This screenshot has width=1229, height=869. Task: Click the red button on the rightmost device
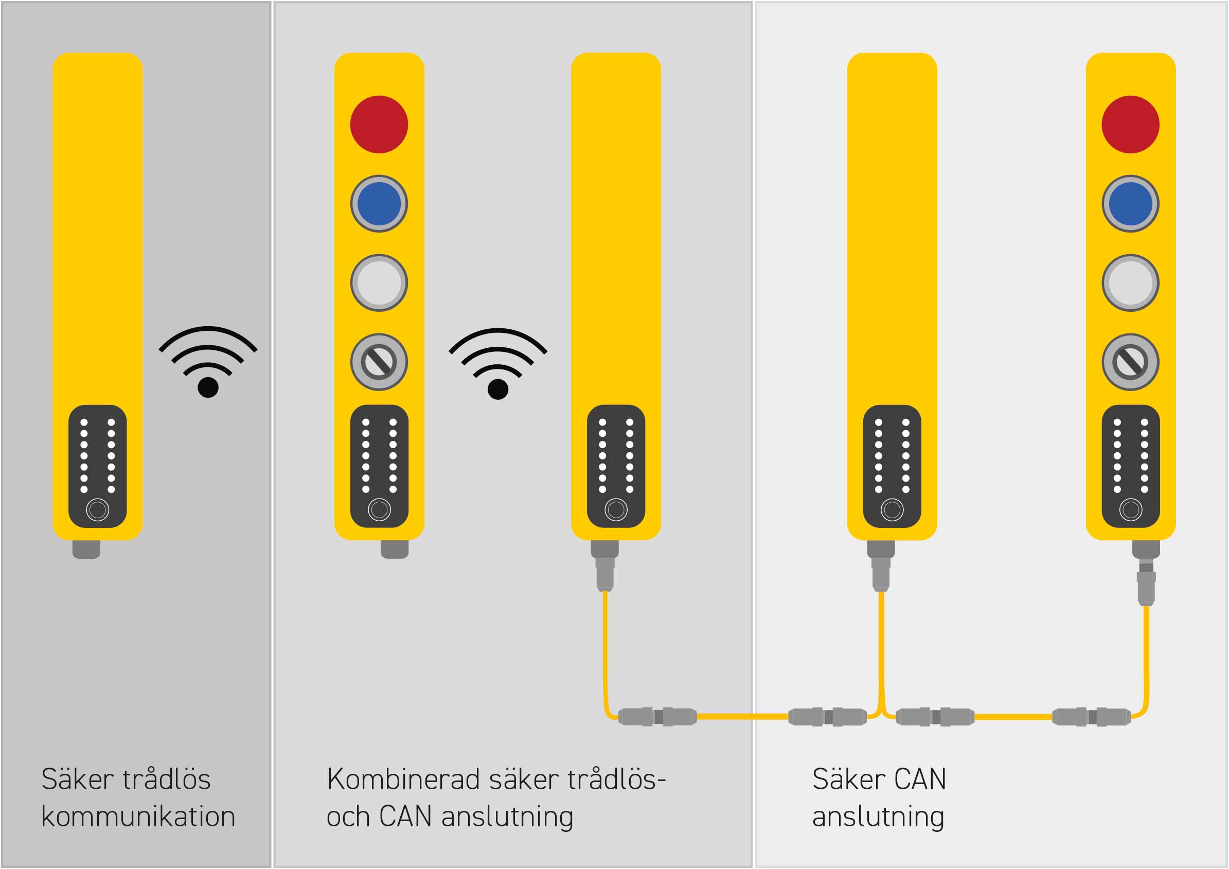click(x=1131, y=124)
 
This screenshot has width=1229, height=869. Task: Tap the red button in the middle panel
click(x=379, y=124)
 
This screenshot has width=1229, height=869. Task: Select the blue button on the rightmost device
click(x=1131, y=203)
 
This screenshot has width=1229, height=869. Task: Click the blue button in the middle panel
click(x=379, y=203)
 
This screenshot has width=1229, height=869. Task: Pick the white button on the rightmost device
click(x=1131, y=282)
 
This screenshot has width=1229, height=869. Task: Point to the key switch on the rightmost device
click(x=1131, y=362)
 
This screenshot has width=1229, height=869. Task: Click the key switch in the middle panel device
click(x=379, y=362)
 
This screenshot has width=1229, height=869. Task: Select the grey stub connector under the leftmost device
click(x=86, y=549)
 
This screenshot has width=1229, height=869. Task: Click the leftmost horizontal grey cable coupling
click(x=658, y=716)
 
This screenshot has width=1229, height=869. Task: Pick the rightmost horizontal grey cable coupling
click(x=1092, y=716)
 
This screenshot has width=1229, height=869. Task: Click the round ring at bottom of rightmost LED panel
click(x=1131, y=510)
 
